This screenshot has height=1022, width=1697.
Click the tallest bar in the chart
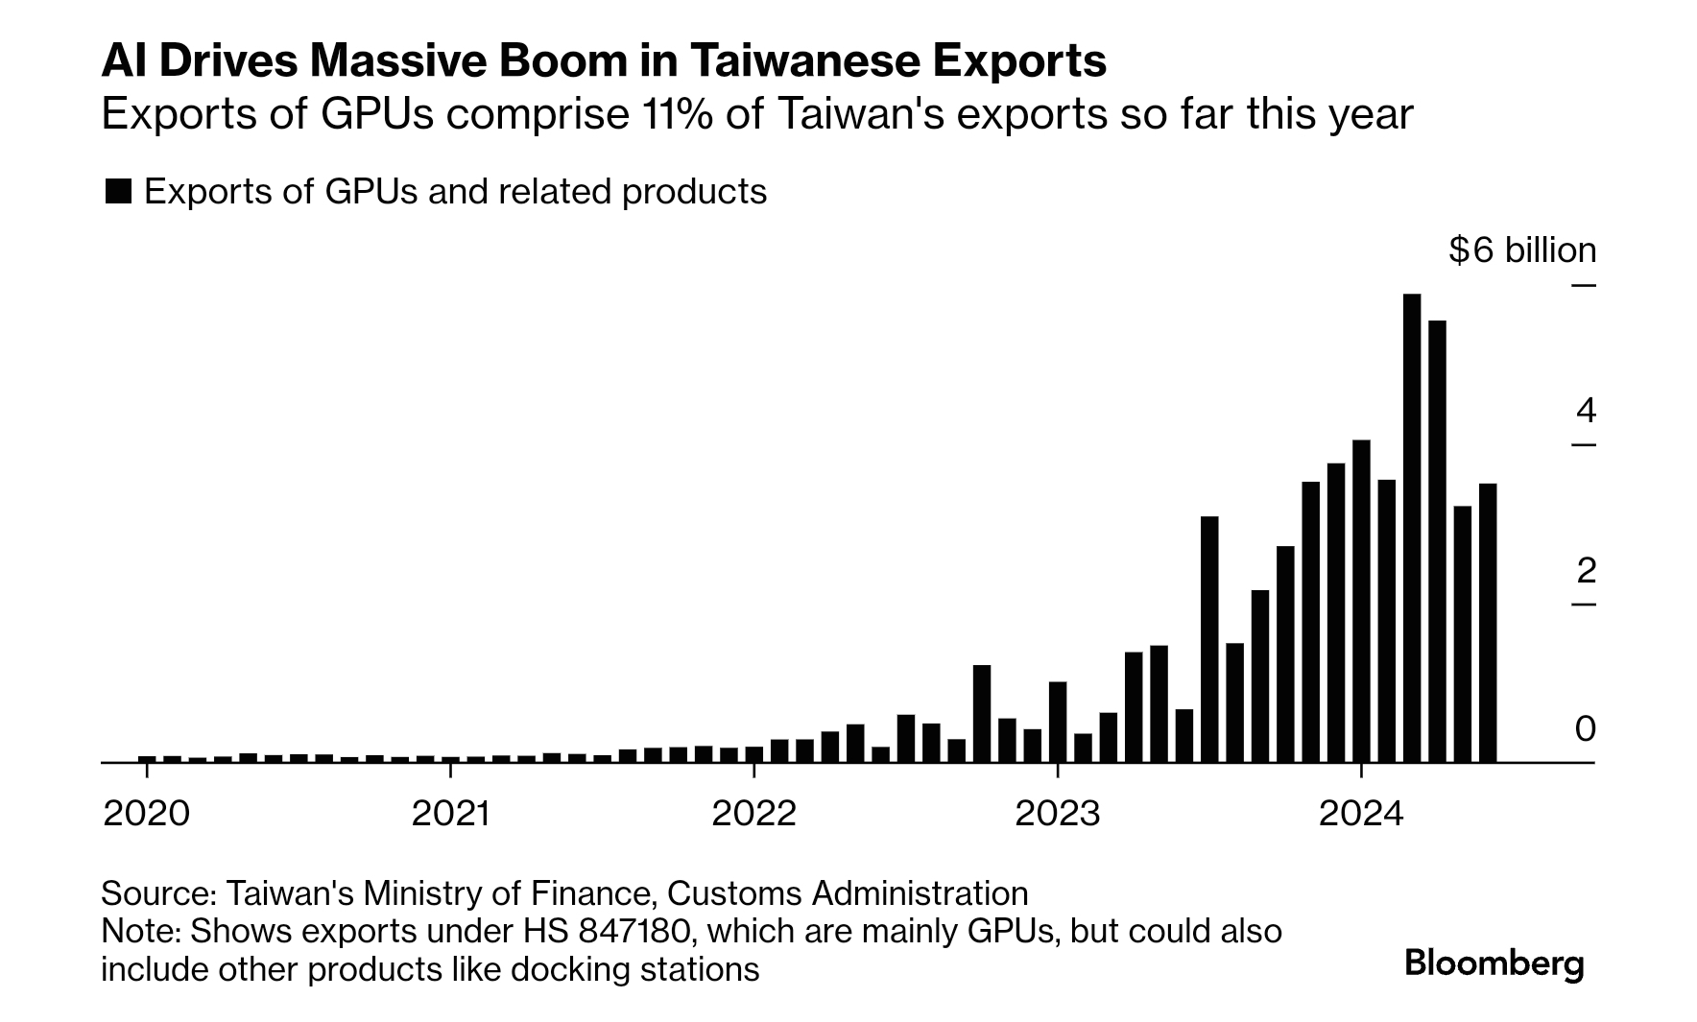click(x=1411, y=528)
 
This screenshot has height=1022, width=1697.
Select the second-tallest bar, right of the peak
click(x=1437, y=541)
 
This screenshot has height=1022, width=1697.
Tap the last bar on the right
click(x=1488, y=623)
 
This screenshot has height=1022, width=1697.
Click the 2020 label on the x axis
click(x=146, y=814)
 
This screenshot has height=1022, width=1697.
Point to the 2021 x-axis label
click(x=450, y=814)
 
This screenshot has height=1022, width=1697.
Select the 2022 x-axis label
click(x=753, y=814)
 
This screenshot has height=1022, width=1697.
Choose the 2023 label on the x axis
click(x=1057, y=814)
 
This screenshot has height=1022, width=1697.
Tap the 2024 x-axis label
click(x=1361, y=814)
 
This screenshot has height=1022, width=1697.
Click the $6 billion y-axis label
click(x=1522, y=250)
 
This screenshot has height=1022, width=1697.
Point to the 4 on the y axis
click(x=1586, y=411)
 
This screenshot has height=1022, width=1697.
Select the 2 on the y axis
click(x=1586, y=571)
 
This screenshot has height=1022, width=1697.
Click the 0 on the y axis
click(x=1586, y=729)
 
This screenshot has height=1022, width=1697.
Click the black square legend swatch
click(x=118, y=192)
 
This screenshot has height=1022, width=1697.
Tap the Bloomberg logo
click(x=1494, y=963)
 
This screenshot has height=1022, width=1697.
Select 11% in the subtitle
click(x=673, y=114)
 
